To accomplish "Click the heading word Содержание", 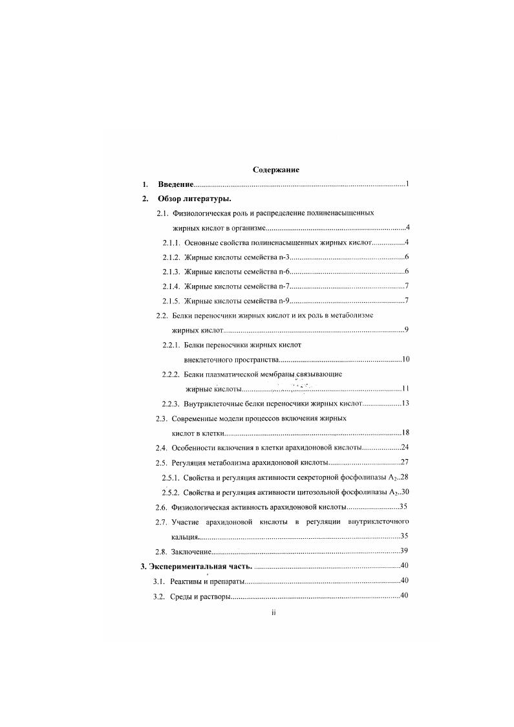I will pyautogui.click(x=275, y=169).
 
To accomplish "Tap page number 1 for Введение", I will pyautogui.click(x=407, y=184).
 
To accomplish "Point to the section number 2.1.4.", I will pyautogui.click(x=171, y=286).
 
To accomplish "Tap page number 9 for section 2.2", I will pyautogui.click(x=406, y=330).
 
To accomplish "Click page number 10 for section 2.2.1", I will pyautogui.click(x=405, y=359).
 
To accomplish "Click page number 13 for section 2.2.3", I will pyautogui.click(x=405, y=404).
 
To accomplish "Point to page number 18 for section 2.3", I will pyautogui.click(x=405, y=433).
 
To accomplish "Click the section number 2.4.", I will pyautogui.click(x=162, y=448).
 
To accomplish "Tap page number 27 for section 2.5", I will pyautogui.click(x=405, y=462).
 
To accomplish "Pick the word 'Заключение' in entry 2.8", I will pyautogui.click(x=191, y=551).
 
